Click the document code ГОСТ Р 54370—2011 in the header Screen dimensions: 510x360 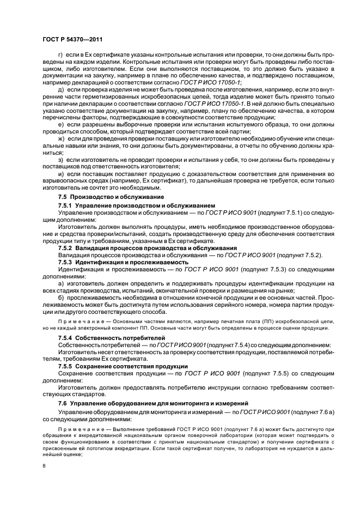tap(72, 39)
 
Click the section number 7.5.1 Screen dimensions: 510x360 tap(65, 204)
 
